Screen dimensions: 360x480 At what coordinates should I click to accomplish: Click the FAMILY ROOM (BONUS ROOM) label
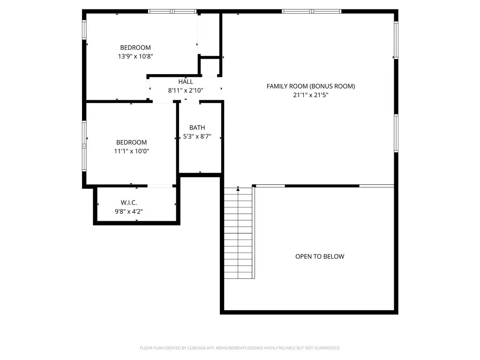pos(310,86)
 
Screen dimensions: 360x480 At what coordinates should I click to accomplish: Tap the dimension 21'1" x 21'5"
pos(310,95)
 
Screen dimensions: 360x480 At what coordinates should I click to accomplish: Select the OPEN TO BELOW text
pos(320,256)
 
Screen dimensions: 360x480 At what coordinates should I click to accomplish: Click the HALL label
pos(186,82)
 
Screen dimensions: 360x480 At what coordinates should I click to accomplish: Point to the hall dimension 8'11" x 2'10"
pos(186,90)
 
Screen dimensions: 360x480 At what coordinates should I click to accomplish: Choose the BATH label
pos(197,127)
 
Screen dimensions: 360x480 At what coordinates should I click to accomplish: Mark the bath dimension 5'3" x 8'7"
pos(197,137)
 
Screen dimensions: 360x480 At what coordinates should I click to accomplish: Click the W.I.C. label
pos(128,202)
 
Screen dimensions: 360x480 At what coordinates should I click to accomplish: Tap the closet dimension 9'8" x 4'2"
pos(128,211)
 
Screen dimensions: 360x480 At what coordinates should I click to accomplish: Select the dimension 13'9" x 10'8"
pos(135,56)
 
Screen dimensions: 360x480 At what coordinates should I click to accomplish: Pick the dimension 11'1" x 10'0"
pos(132,151)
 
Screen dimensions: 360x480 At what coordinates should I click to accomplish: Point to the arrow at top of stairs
pos(238,189)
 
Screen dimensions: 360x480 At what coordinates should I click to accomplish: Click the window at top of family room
pos(311,11)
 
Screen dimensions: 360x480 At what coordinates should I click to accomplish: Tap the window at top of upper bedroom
pos(172,11)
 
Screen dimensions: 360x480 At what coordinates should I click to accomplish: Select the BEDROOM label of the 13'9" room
pos(135,47)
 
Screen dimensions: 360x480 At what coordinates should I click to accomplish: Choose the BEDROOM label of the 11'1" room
pos(132,142)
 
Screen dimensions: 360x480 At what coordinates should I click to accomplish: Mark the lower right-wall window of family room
pos(396,133)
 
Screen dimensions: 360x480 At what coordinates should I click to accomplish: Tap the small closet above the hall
pos(210,67)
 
